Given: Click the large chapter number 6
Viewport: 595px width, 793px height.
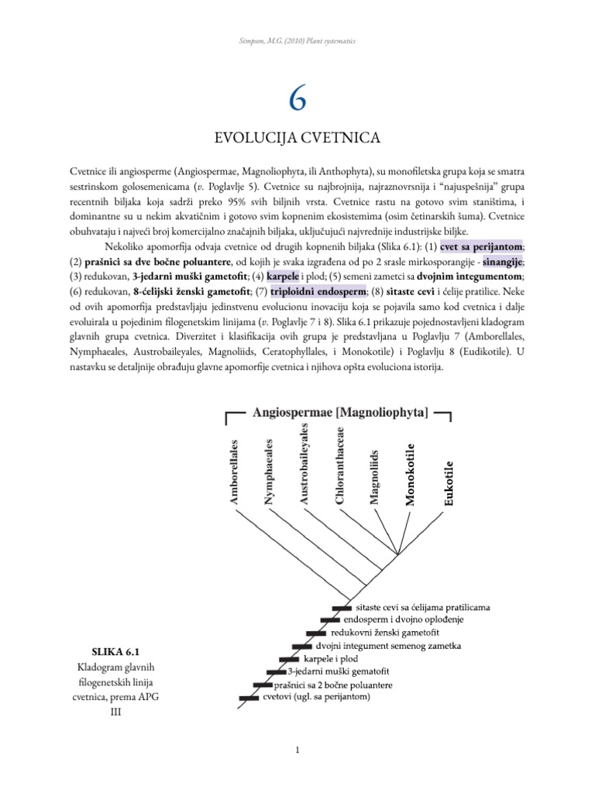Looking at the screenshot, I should (x=297, y=98).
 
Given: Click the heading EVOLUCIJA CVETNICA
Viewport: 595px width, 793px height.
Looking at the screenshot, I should (x=297, y=139).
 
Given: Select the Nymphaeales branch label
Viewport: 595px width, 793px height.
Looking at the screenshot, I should (x=269, y=472).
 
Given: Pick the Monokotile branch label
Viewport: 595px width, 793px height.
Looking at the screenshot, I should (x=411, y=473).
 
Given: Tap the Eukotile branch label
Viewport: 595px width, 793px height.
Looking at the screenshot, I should (x=449, y=483).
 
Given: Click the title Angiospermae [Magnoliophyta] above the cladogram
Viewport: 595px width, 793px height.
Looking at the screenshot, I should (x=340, y=414).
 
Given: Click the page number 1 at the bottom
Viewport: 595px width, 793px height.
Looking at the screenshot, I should (x=297, y=750).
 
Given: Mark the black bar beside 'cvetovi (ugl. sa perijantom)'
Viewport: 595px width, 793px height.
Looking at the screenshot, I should (x=248, y=698).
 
